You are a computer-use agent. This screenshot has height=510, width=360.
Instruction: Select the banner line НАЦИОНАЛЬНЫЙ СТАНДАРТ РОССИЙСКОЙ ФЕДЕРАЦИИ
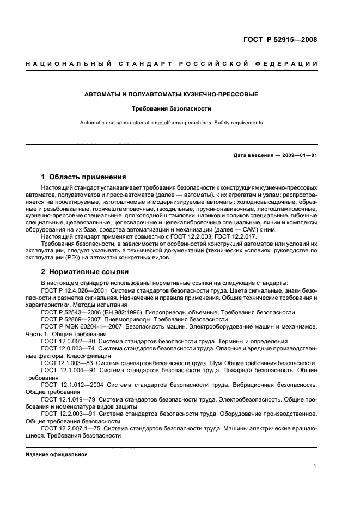pos(172,64)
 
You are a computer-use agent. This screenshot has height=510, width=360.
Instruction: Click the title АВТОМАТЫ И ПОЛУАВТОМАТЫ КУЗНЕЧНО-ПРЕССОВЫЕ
pos(171,95)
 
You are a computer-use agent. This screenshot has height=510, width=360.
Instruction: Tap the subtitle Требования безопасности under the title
pos(171,109)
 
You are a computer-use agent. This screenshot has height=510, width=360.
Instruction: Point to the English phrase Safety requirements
pos(239,123)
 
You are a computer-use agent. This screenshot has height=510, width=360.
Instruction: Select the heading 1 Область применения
pos(84,177)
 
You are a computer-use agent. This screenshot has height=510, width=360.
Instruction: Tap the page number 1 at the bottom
pos(315,465)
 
